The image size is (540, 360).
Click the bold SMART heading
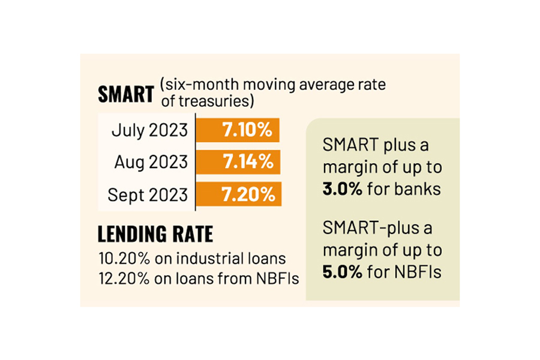125,95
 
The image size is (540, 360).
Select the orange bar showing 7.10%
238,130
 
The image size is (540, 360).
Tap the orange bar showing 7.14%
238,162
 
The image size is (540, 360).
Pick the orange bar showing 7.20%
238,194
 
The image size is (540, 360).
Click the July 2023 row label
149,130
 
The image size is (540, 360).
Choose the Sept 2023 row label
148,195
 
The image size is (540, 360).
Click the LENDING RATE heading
155,233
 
